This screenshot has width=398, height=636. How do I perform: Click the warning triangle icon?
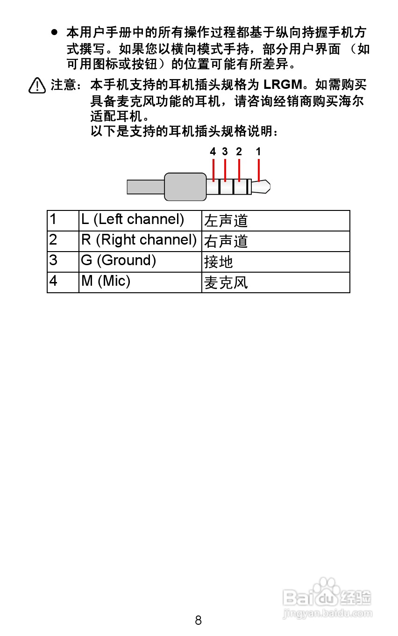click(37, 85)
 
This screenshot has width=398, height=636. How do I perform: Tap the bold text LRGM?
click(283, 85)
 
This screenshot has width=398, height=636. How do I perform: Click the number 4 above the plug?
click(213, 152)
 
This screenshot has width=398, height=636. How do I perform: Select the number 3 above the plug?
click(225, 152)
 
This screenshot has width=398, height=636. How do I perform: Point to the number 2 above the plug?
click(239, 152)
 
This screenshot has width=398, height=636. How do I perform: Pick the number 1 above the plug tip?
click(258, 152)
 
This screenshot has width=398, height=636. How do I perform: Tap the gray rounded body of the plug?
click(185, 187)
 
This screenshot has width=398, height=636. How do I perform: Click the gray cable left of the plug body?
click(146, 187)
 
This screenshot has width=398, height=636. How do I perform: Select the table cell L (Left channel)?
click(140, 221)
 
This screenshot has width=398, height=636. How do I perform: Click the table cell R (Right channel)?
click(140, 241)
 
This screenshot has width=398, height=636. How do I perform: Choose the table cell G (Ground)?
click(140, 262)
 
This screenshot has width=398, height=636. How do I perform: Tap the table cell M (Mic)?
click(140, 282)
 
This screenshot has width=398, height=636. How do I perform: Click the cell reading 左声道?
click(276, 221)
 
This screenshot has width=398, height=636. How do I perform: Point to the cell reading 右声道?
click(276, 241)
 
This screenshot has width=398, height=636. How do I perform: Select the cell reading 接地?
click(276, 262)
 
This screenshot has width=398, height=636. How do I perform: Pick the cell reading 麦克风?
click(276, 282)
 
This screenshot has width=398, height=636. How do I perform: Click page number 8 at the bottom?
click(198, 621)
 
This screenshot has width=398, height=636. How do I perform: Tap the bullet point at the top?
click(54, 32)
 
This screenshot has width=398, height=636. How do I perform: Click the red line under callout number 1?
click(259, 170)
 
